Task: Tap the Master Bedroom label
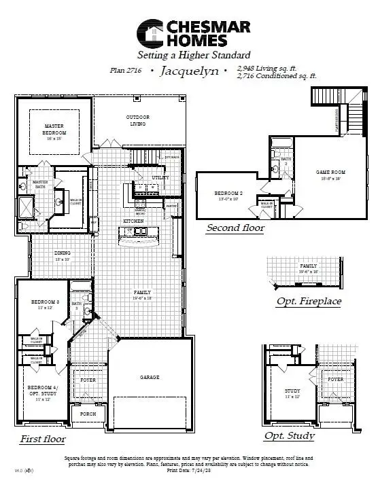54,129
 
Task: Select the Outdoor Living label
137,121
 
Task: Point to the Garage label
150,377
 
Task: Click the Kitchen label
133,221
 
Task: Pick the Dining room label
63,254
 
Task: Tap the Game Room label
328,173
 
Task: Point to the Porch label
88,414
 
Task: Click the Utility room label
160,177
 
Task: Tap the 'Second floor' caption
235,228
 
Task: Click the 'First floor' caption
42,439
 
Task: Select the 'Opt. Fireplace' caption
309,301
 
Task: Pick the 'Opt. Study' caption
290,435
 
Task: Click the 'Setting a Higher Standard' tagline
194,54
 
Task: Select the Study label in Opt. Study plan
292,391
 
